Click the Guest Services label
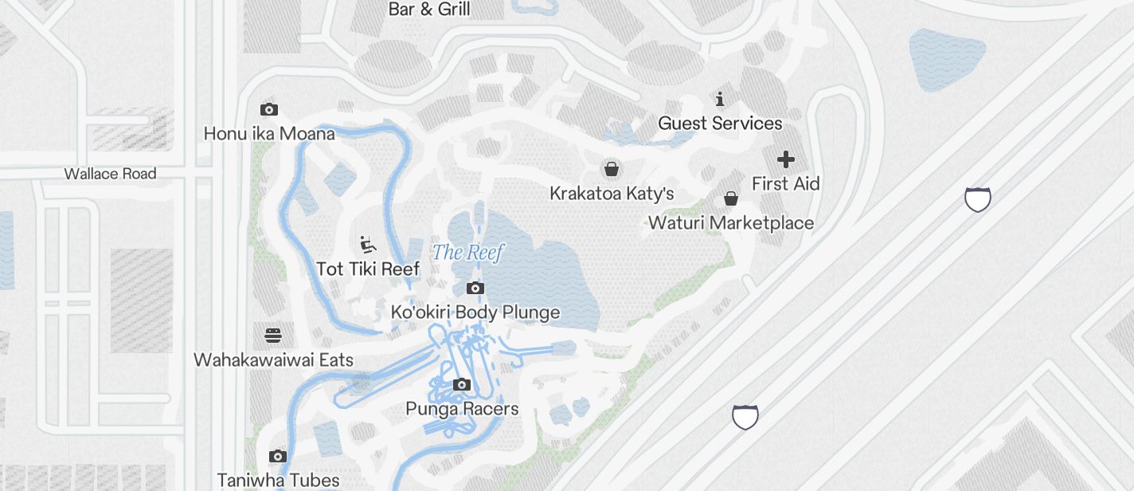[x=720, y=124]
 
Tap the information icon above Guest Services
[x=720, y=100]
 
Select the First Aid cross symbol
[x=786, y=159]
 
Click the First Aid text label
[x=786, y=184]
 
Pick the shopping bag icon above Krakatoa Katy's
[x=612, y=169]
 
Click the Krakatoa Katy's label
[x=612, y=194]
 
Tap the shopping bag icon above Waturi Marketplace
[x=731, y=198]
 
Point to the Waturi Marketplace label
[x=731, y=223]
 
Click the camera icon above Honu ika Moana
[x=269, y=109]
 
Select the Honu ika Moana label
[x=269, y=134]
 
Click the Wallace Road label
[x=110, y=174]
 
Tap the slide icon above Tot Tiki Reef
[x=367, y=244]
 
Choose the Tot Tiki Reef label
[x=367, y=269]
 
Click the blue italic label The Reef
[x=467, y=253]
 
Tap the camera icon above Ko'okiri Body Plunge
[x=475, y=289]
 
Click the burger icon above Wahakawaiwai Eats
[x=273, y=336]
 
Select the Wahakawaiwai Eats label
[x=273, y=360]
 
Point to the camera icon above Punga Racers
[x=461, y=385]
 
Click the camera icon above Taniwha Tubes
[x=278, y=457]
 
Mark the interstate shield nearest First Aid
[x=977, y=199]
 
